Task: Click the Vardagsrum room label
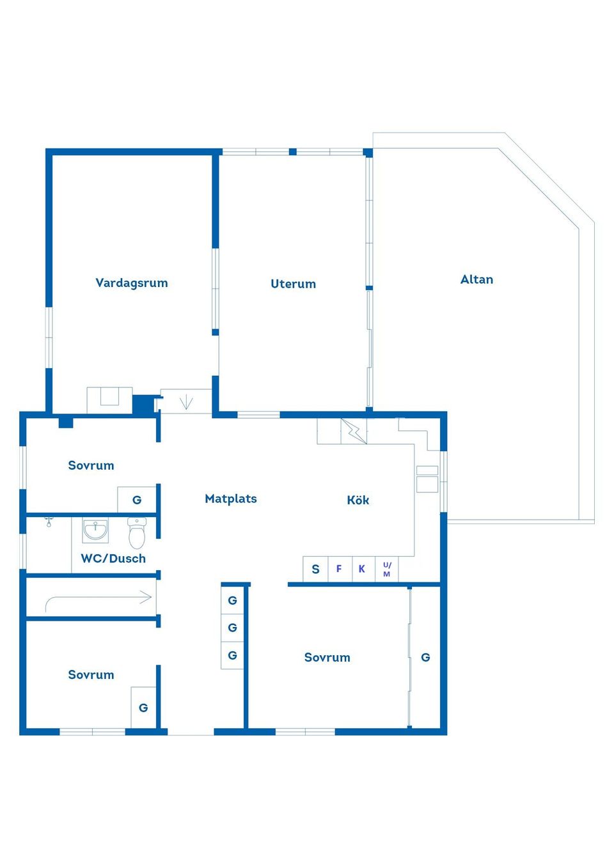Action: tap(132, 283)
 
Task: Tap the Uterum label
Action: tap(293, 284)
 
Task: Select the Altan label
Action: tap(476, 279)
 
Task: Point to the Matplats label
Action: tap(231, 499)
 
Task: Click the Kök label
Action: tap(358, 500)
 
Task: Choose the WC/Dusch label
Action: tap(113, 559)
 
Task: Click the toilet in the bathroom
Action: tap(136, 533)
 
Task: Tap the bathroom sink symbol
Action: tap(95, 530)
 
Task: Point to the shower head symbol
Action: tap(49, 522)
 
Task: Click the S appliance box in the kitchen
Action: tap(315, 570)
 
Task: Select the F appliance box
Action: tap(340, 570)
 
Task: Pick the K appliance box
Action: tap(363, 570)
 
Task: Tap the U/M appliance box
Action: tap(386, 570)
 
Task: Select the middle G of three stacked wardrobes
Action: tap(232, 628)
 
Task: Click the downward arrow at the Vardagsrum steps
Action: tap(187, 402)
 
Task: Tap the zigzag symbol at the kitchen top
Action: tap(354, 431)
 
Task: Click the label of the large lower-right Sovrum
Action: tap(327, 657)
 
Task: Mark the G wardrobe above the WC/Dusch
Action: tap(137, 500)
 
